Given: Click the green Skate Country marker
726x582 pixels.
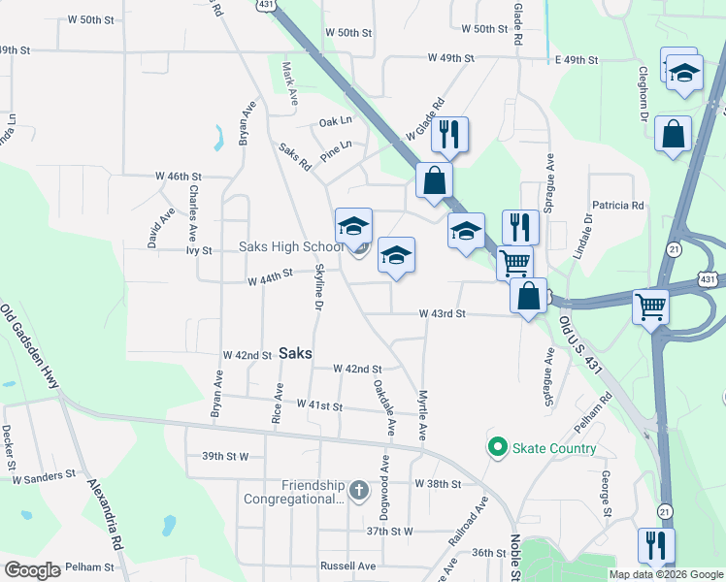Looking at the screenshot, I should pyautogui.click(x=498, y=447).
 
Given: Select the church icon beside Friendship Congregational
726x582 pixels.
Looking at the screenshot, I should pyautogui.click(x=359, y=487).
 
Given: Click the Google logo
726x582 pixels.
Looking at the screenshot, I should pyautogui.click(x=32, y=570).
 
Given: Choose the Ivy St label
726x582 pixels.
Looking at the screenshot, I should pyautogui.click(x=199, y=250).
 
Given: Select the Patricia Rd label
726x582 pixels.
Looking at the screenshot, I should pyautogui.click(x=618, y=206).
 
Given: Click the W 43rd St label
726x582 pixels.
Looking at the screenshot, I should pyautogui.click(x=443, y=314).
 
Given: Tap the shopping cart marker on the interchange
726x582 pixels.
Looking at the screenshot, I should pyautogui.click(x=650, y=307).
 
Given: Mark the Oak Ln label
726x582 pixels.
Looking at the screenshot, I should pyautogui.click(x=335, y=121).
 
